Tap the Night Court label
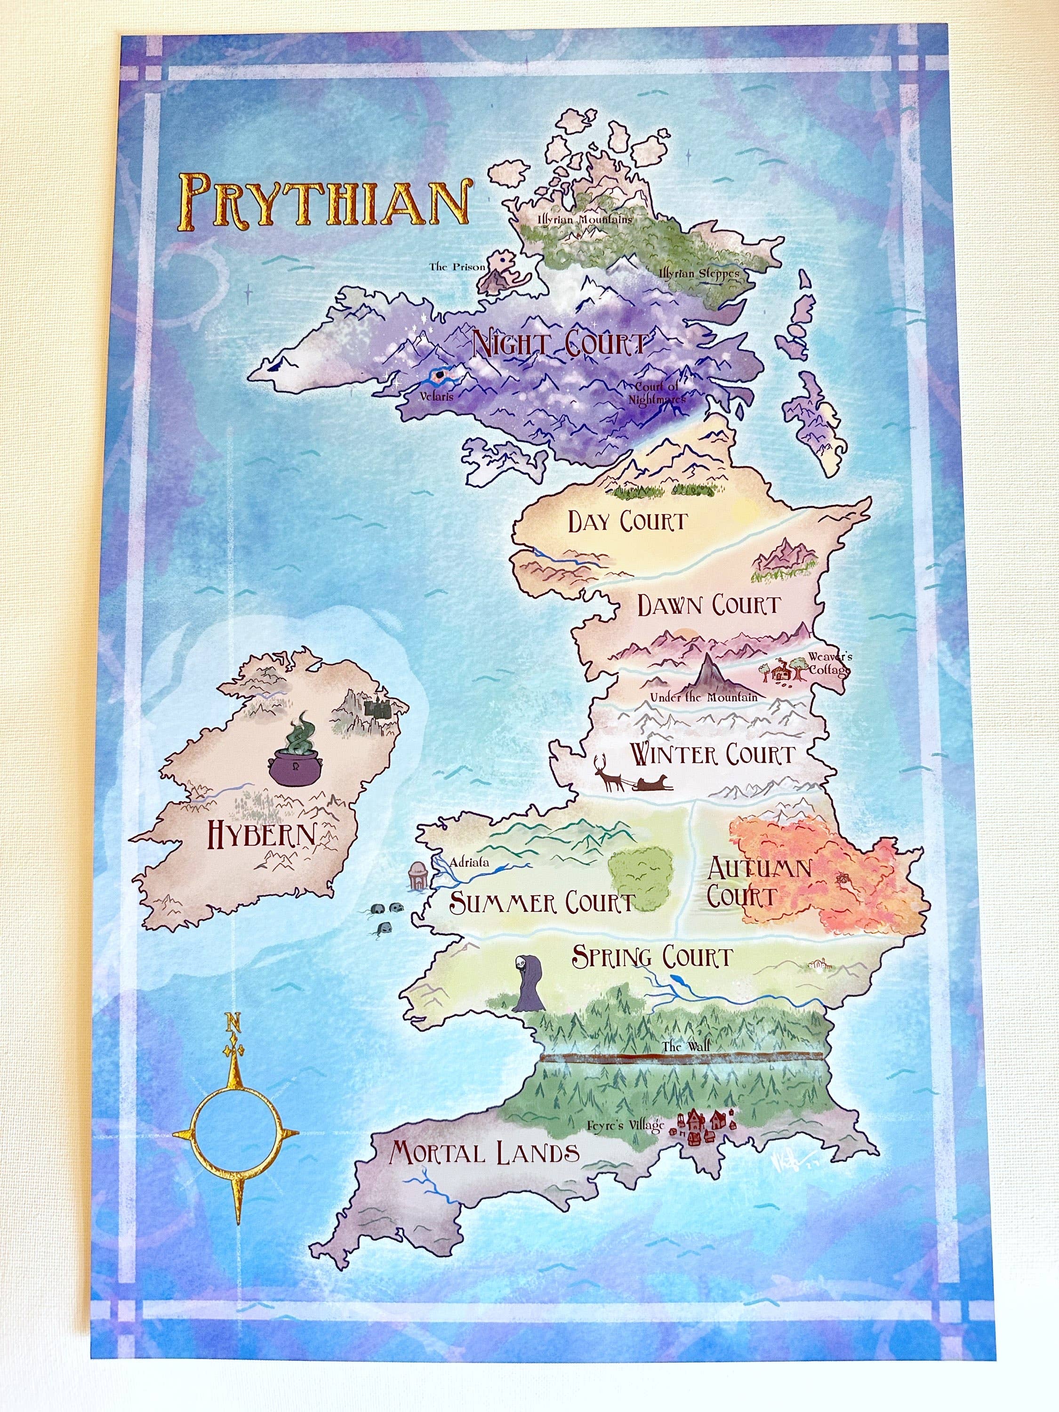[559, 346]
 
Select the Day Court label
[627, 521]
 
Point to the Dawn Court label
[708, 605]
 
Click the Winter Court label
[712, 754]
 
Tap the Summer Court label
[542, 902]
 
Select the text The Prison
[457, 267]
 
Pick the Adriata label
[469, 862]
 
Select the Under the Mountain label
[704, 697]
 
